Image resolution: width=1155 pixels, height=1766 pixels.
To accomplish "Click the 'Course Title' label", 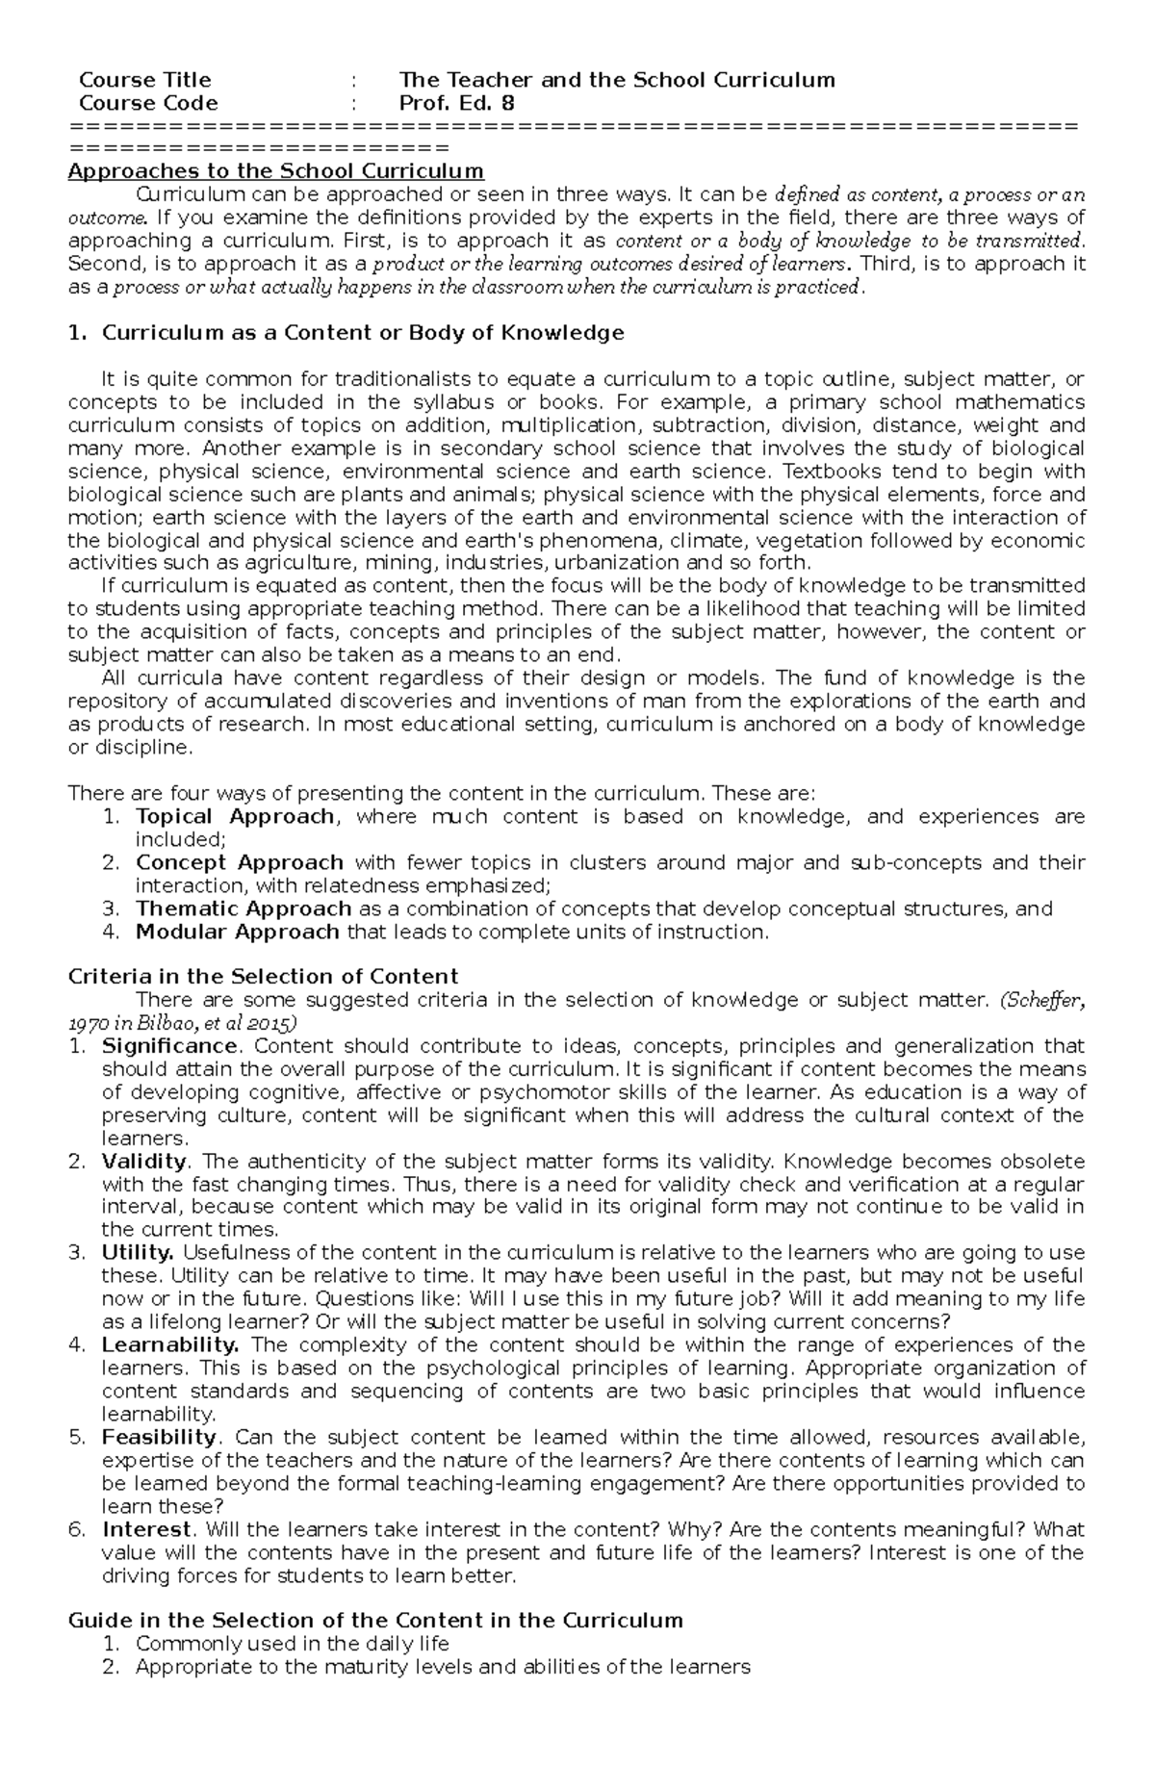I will tap(144, 80).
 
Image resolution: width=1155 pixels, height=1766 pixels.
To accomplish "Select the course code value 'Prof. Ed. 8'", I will tap(457, 103).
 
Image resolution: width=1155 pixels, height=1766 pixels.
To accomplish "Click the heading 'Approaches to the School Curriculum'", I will tap(275, 171).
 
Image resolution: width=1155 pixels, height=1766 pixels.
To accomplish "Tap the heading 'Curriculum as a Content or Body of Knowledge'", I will tap(362, 333).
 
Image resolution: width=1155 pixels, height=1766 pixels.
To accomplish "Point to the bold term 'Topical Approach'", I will tap(234, 816).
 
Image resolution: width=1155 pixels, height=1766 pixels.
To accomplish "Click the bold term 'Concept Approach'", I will tap(239, 862).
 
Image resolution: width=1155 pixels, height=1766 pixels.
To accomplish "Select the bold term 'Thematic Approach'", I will tap(243, 909).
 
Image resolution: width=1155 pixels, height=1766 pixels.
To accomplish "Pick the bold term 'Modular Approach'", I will tap(237, 932).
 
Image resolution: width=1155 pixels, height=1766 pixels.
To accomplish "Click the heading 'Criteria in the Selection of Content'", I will tap(263, 977).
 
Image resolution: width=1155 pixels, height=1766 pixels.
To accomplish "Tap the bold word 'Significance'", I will tap(168, 1046).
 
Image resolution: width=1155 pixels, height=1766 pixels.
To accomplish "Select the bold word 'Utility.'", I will tap(137, 1253).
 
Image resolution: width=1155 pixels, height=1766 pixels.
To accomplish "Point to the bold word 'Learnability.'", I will tap(169, 1345).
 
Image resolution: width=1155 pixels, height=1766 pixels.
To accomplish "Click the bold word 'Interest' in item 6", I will tap(145, 1529).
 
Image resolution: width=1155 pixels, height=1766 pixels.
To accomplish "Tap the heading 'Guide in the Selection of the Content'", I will tap(375, 1621).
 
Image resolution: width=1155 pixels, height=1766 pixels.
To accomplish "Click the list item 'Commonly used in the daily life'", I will tap(292, 1644).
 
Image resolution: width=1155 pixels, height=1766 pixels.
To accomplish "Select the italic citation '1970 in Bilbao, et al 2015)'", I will tap(182, 1022).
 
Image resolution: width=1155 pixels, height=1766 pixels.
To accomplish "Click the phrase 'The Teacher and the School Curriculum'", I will tap(616, 80).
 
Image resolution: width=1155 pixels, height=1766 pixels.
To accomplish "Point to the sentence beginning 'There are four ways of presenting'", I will tap(441, 793).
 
